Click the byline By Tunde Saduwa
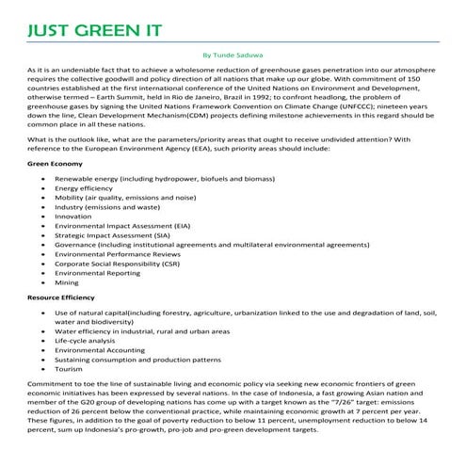(233, 56)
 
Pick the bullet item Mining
(66, 281)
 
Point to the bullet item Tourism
(70, 370)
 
